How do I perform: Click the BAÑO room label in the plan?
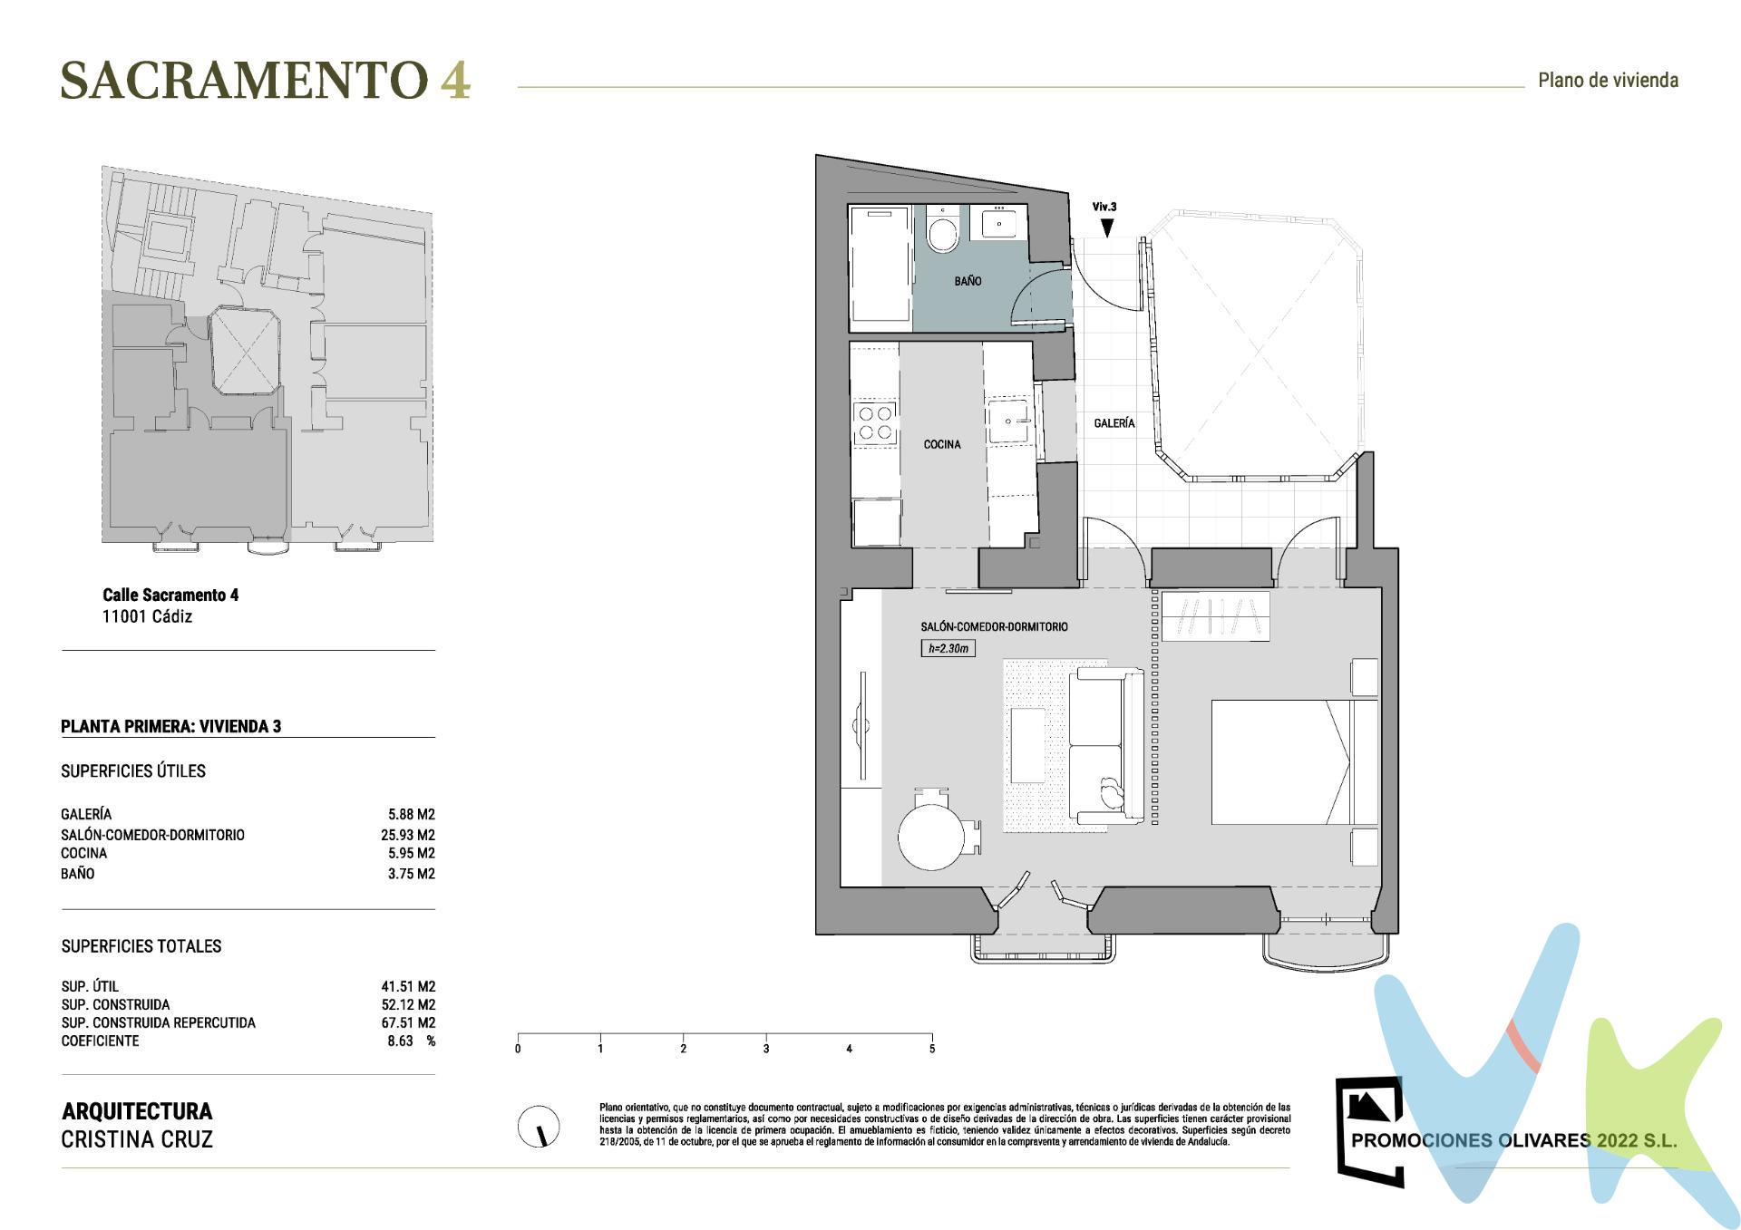click(968, 281)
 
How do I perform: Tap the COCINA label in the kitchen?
click(942, 444)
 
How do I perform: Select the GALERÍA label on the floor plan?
click(1114, 423)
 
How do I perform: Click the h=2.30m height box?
click(948, 648)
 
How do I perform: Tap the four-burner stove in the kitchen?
click(875, 423)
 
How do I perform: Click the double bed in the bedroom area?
click(1288, 761)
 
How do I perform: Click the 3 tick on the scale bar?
click(766, 1048)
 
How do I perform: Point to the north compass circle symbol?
click(539, 1127)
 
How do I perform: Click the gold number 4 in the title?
click(455, 81)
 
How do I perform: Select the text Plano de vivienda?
click(1608, 81)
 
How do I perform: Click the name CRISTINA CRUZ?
click(137, 1139)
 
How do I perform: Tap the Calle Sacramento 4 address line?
click(170, 595)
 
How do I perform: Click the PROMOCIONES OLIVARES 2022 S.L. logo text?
click(1513, 1140)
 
